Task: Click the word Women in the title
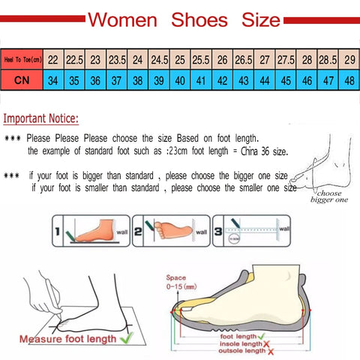click(126, 19)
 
